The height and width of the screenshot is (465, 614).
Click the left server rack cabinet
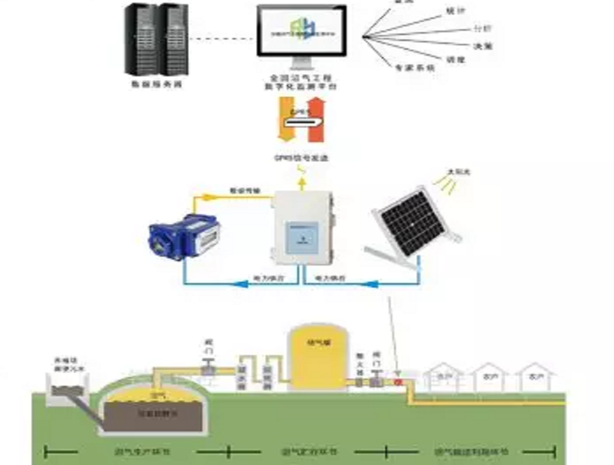(x=140, y=40)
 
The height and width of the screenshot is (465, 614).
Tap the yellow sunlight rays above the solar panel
(x=447, y=185)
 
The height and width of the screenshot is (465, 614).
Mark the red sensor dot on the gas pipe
(x=398, y=382)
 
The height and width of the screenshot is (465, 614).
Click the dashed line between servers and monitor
(x=221, y=39)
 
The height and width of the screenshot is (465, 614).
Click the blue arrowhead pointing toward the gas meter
(x=238, y=285)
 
